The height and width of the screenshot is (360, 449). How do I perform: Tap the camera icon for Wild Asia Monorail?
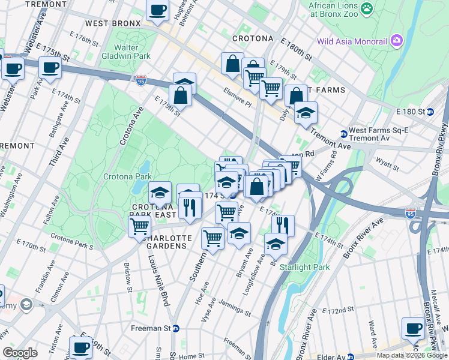[397, 41]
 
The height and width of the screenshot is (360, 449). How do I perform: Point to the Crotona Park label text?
[127, 177]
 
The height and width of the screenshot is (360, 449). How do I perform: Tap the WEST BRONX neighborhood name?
[112, 23]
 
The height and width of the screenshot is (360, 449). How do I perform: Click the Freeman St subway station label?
[152, 328]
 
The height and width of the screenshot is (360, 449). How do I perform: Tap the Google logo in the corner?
[20, 353]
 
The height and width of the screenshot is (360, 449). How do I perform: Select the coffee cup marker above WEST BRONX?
[158, 11]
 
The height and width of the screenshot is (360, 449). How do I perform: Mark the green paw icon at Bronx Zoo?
[367, 9]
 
